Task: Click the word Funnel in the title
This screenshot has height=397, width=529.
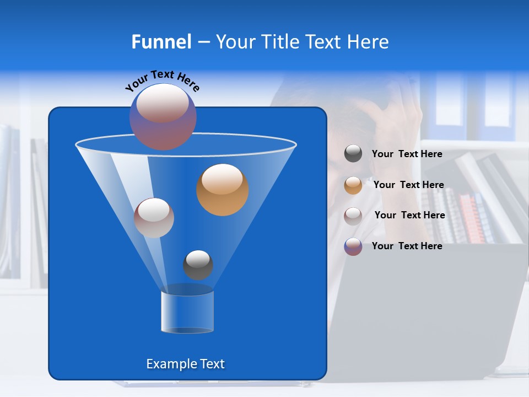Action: (161, 42)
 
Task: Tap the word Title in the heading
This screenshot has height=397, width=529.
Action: (280, 42)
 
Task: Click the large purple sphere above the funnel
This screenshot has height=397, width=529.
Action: (163, 116)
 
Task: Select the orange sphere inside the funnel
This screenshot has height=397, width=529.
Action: (222, 189)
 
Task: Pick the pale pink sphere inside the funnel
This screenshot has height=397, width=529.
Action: (154, 217)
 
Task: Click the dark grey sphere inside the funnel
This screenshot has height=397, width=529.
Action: (198, 265)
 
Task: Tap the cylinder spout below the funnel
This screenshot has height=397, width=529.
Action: (187, 311)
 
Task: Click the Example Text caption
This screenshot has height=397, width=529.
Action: (185, 364)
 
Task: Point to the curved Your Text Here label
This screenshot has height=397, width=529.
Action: (163, 80)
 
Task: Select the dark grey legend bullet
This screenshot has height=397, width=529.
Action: (353, 154)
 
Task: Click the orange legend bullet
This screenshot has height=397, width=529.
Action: (353, 185)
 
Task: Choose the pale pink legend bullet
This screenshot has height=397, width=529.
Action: (353, 216)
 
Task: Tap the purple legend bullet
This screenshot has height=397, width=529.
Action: (353, 246)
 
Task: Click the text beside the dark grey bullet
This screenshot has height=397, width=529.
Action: (407, 154)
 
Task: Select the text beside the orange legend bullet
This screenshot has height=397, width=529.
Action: (408, 185)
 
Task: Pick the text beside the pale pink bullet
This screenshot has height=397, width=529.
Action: (409, 215)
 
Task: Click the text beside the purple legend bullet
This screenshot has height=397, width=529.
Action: (407, 246)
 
